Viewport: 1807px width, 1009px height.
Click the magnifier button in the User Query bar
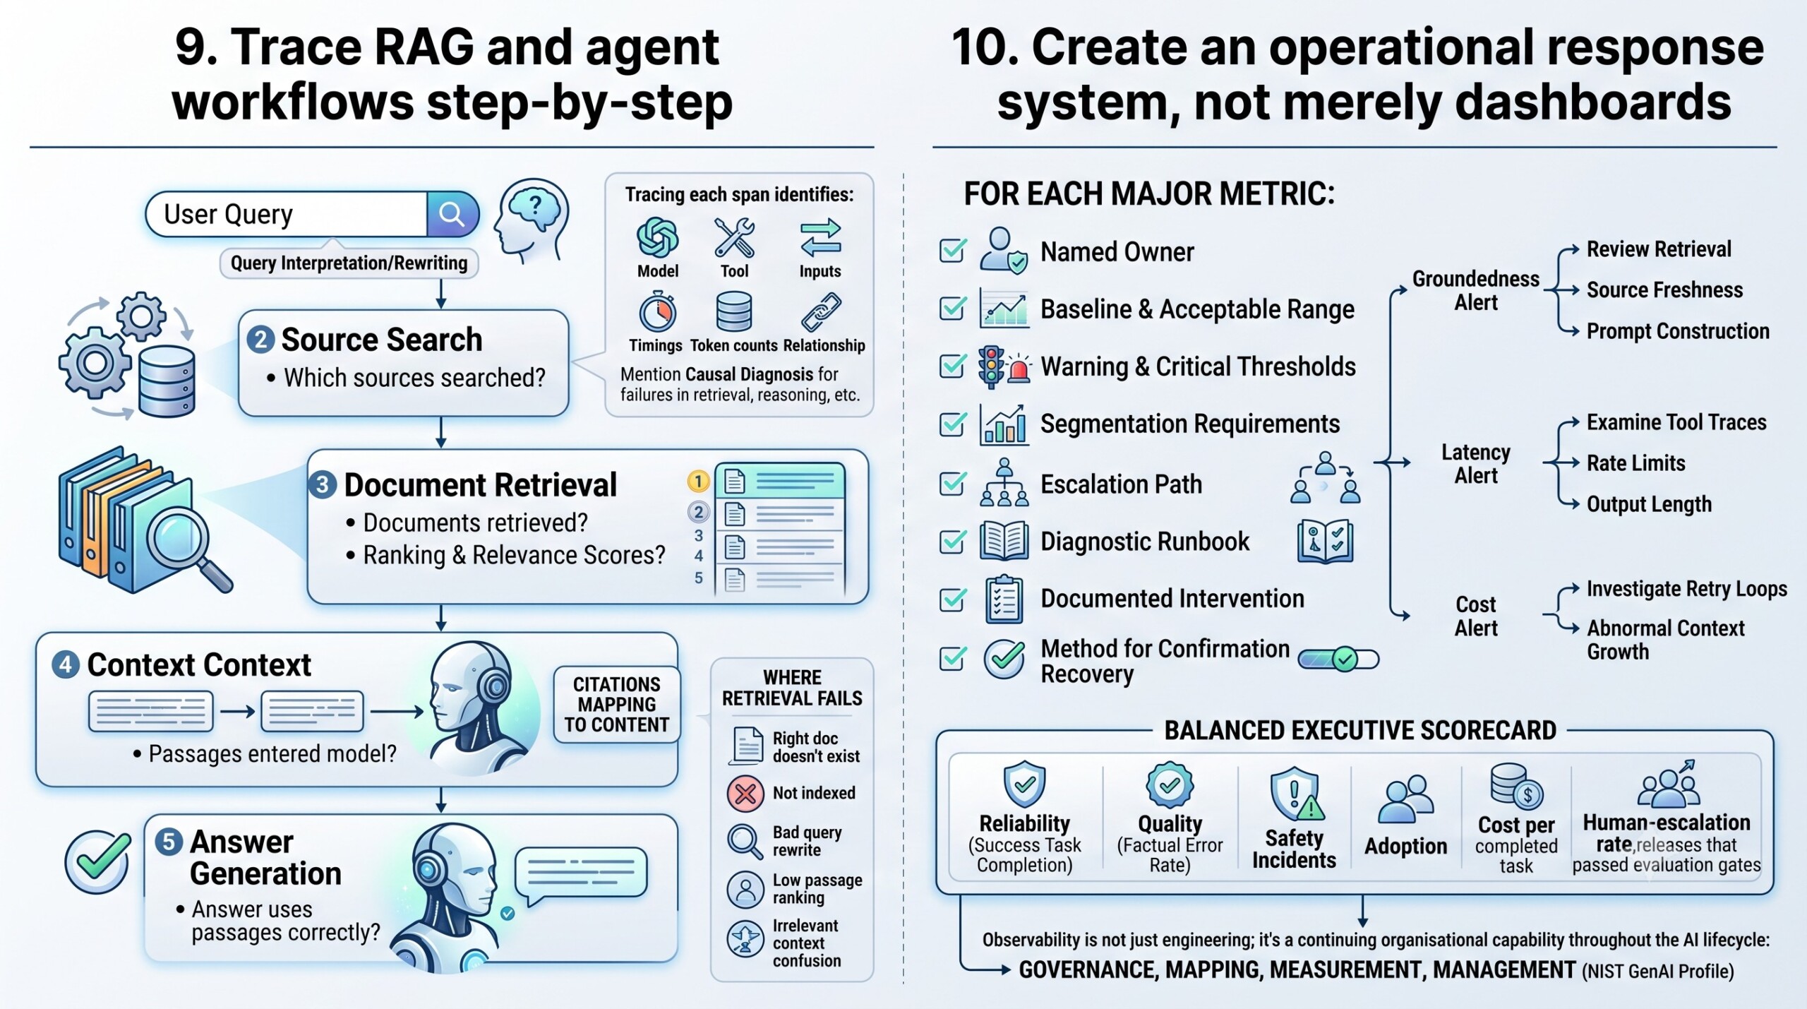[452, 214]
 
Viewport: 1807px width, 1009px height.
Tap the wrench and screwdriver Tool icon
[734, 237]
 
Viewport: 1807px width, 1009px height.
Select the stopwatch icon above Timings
[658, 312]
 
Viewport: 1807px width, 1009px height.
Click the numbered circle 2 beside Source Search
[260, 340]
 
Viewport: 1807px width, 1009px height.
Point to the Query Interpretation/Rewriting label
[349, 263]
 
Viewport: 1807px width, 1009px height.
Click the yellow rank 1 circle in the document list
[698, 482]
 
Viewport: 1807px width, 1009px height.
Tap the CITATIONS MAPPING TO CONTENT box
[616, 705]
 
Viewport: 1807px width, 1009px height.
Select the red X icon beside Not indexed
[745, 793]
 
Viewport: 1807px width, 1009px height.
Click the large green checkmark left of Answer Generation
[97, 861]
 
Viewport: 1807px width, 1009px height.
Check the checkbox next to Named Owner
[952, 251]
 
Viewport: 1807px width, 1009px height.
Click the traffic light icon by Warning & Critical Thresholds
[992, 366]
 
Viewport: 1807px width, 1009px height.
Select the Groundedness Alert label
[1475, 291]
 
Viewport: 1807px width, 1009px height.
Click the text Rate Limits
[1636, 463]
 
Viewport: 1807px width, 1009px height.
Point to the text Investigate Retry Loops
[1687, 589]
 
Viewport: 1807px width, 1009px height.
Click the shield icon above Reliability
[1024, 784]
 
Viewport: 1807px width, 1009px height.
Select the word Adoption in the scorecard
[1405, 846]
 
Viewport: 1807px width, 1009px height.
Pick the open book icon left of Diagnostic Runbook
[1003, 542]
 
